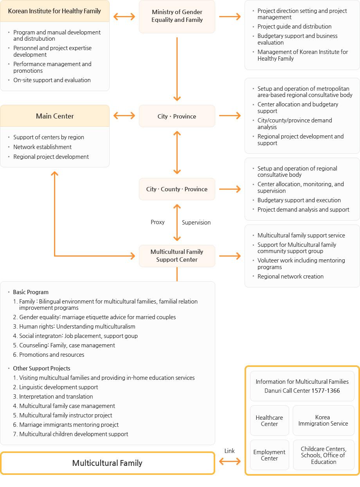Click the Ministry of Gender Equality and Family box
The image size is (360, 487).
[x=177, y=16]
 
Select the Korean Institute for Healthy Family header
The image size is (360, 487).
[x=55, y=11]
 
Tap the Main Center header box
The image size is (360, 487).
[x=55, y=116]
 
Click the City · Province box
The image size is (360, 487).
[x=177, y=116]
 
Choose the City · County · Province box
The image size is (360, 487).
[x=177, y=189]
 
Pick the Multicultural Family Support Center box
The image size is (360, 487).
[x=177, y=256]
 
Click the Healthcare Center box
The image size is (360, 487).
[x=269, y=421]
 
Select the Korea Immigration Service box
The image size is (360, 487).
[x=323, y=421]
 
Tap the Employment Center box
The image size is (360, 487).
[x=269, y=455]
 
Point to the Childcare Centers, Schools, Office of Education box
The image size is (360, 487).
[x=324, y=455]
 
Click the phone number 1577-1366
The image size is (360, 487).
[x=326, y=391]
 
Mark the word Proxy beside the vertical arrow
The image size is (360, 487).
[x=157, y=222]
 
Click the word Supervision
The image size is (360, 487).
[x=196, y=223]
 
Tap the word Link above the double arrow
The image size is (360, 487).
[x=230, y=451]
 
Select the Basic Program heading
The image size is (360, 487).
[x=31, y=292]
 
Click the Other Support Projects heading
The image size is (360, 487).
[x=41, y=368]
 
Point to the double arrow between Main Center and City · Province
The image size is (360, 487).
[x=124, y=116]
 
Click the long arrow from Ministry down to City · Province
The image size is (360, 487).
[x=177, y=69]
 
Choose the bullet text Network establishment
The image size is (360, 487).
[x=42, y=147]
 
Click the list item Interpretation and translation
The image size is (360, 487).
[x=56, y=397]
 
